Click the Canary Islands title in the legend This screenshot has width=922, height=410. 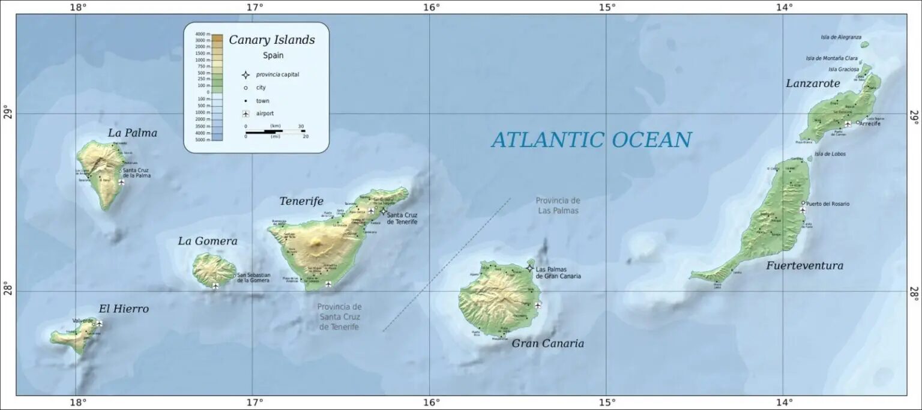point(271,40)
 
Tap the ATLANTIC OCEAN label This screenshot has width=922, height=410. point(591,140)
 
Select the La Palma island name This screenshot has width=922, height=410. point(133,133)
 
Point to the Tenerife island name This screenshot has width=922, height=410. point(301,201)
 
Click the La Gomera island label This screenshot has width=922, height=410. point(208,241)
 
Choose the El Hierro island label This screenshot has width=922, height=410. point(124,309)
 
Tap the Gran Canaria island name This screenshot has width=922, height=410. point(547,343)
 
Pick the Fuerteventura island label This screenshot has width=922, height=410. point(804,265)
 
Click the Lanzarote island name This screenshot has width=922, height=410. point(813,83)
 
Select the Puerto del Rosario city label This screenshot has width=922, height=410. point(828,203)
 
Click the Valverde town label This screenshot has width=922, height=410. point(83,321)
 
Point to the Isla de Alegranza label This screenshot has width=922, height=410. point(841,37)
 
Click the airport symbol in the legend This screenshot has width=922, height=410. point(245,113)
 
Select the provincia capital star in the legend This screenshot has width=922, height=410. point(245,74)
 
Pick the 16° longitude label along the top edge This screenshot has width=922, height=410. point(430,7)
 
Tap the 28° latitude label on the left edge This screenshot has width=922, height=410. point(7,291)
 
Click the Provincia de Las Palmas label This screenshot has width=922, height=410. point(558,205)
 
